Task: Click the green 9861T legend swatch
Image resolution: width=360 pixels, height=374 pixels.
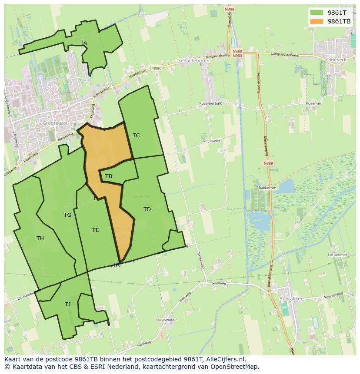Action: point(317,13)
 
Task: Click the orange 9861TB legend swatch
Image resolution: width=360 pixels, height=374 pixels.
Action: point(317,21)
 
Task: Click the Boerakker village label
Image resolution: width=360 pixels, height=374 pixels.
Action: point(291,299)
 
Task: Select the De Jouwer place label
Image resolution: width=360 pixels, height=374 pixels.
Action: point(211,141)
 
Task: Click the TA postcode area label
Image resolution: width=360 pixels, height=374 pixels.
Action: point(84,43)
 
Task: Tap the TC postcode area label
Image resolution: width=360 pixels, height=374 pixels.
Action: point(136,136)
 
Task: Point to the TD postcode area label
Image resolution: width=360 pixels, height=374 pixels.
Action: point(147,209)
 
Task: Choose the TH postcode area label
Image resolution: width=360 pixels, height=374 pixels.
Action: point(40,238)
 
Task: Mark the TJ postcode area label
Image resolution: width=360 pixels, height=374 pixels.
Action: point(67,304)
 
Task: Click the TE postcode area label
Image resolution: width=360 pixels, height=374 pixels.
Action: point(96,230)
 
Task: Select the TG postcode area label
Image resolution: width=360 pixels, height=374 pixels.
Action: point(67,215)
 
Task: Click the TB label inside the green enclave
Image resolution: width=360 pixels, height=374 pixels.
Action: point(109,176)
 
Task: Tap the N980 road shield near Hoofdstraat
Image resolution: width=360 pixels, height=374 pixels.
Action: point(157,68)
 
